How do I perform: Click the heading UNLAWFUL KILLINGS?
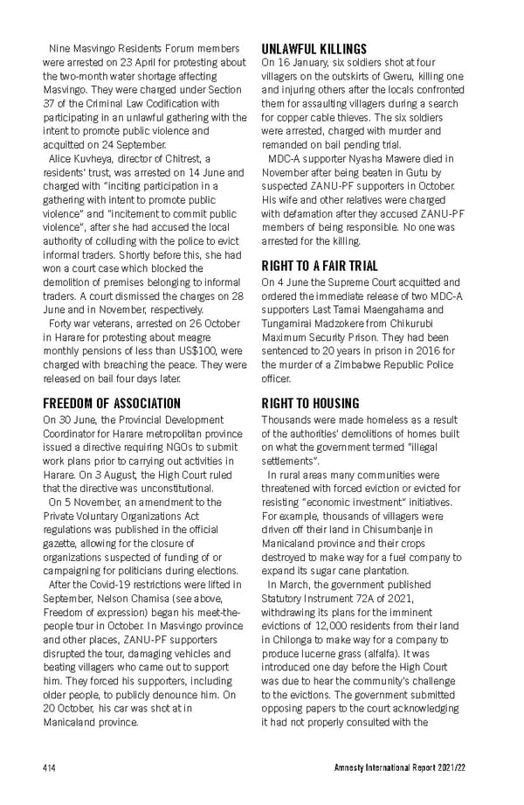[x=314, y=49]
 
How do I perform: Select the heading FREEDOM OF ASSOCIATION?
[x=113, y=403]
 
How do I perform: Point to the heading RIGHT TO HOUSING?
[x=310, y=403]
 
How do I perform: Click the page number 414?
[x=50, y=767]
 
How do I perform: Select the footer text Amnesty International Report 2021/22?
[x=410, y=767]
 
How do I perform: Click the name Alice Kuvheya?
[x=76, y=157]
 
